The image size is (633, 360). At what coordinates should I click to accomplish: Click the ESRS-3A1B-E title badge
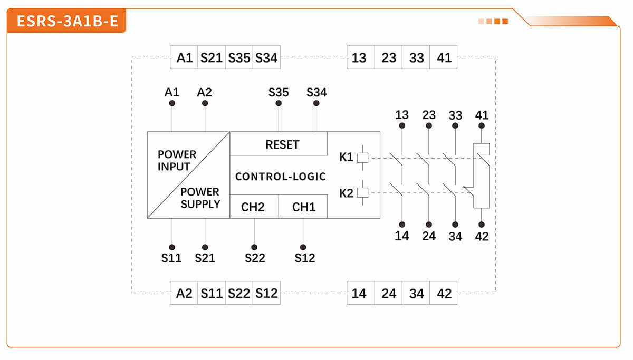[x=66, y=22]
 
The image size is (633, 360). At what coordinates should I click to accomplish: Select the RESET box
[x=279, y=144]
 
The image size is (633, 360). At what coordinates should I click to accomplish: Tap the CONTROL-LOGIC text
[x=280, y=177]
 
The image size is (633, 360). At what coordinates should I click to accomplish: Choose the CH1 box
[x=303, y=207]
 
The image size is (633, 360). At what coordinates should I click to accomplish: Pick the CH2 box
[x=254, y=207]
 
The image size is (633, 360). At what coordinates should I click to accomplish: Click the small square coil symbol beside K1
[x=362, y=157]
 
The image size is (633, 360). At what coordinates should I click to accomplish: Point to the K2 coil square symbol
[x=362, y=193]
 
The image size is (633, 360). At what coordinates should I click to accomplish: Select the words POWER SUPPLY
[x=200, y=198]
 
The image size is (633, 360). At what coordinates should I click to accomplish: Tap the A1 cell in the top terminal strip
[x=184, y=57]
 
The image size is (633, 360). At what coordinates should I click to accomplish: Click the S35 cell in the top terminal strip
[x=239, y=57]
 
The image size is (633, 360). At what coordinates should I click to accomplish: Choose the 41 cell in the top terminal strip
[x=444, y=57]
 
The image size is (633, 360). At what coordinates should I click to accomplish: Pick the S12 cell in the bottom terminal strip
[x=266, y=293]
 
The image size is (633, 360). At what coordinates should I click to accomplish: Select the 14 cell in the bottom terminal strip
[x=360, y=293]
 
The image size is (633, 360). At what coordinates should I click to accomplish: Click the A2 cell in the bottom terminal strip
[x=184, y=293]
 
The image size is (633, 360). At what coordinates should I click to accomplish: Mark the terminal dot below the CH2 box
[x=254, y=247]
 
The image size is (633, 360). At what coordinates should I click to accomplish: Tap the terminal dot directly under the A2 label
[x=205, y=103]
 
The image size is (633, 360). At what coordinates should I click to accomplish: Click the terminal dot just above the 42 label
[x=481, y=225]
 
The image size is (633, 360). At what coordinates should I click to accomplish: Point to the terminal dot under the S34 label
[x=316, y=103]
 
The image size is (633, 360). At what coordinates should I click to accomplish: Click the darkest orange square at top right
[x=505, y=22]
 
